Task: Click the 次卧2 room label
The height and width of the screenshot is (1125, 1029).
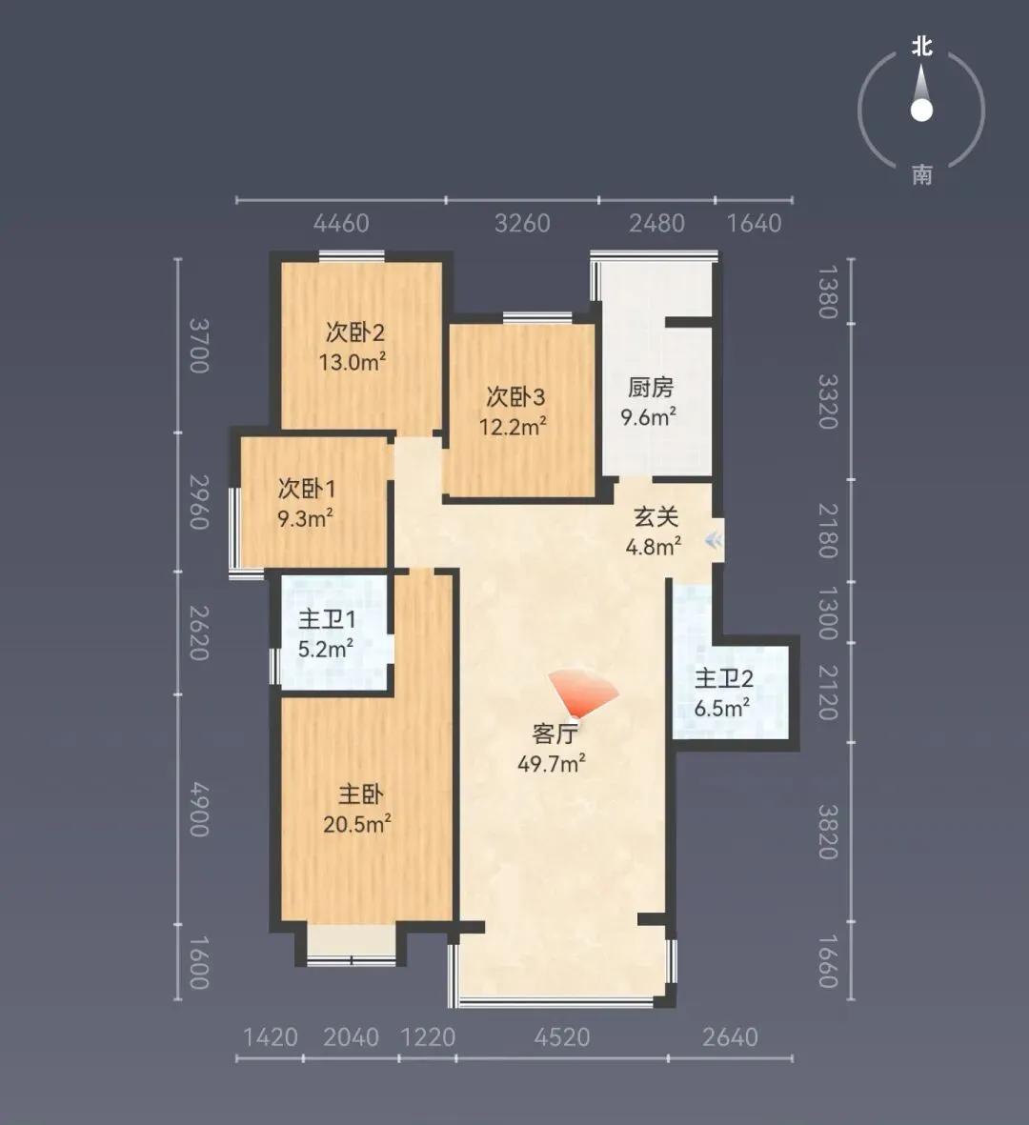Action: pyautogui.click(x=355, y=332)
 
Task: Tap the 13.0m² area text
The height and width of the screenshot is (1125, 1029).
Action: pyautogui.click(x=353, y=362)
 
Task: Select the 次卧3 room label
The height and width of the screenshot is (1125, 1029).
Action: pyautogui.click(x=516, y=397)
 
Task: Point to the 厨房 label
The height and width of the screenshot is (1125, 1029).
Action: pyautogui.click(x=651, y=388)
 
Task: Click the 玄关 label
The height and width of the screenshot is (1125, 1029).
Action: pyautogui.click(x=656, y=516)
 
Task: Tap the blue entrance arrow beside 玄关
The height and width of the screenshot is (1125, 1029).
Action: pyautogui.click(x=714, y=540)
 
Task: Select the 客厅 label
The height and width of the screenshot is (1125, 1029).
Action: pyautogui.click(x=555, y=734)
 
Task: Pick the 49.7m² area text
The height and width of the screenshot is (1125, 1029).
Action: pyautogui.click(x=552, y=763)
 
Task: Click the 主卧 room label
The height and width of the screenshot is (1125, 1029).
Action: pyautogui.click(x=361, y=794)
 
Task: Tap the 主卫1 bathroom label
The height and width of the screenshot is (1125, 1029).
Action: pyautogui.click(x=327, y=619)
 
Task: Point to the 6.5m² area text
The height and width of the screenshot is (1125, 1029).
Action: pyautogui.click(x=722, y=708)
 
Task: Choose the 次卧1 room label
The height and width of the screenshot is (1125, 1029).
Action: pyautogui.click(x=307, y=489)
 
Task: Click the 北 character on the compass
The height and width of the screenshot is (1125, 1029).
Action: pyautogui.click(x=922, y=47)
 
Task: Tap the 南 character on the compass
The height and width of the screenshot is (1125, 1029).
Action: pyautogui.click(x=922, y=174)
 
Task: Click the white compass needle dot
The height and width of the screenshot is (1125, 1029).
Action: pyautogui.click(x=921, y=110)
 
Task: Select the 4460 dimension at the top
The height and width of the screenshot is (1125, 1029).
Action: pyautogui.click(x=341, y=223)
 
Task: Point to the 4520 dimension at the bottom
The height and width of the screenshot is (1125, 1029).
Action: pyautogui.click(x=562, y=1036)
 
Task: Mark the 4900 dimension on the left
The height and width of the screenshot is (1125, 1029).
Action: pyautogui.click(x=199, y=810)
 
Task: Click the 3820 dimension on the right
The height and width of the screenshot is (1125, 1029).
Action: pyautogui.click(x=828, y=833)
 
